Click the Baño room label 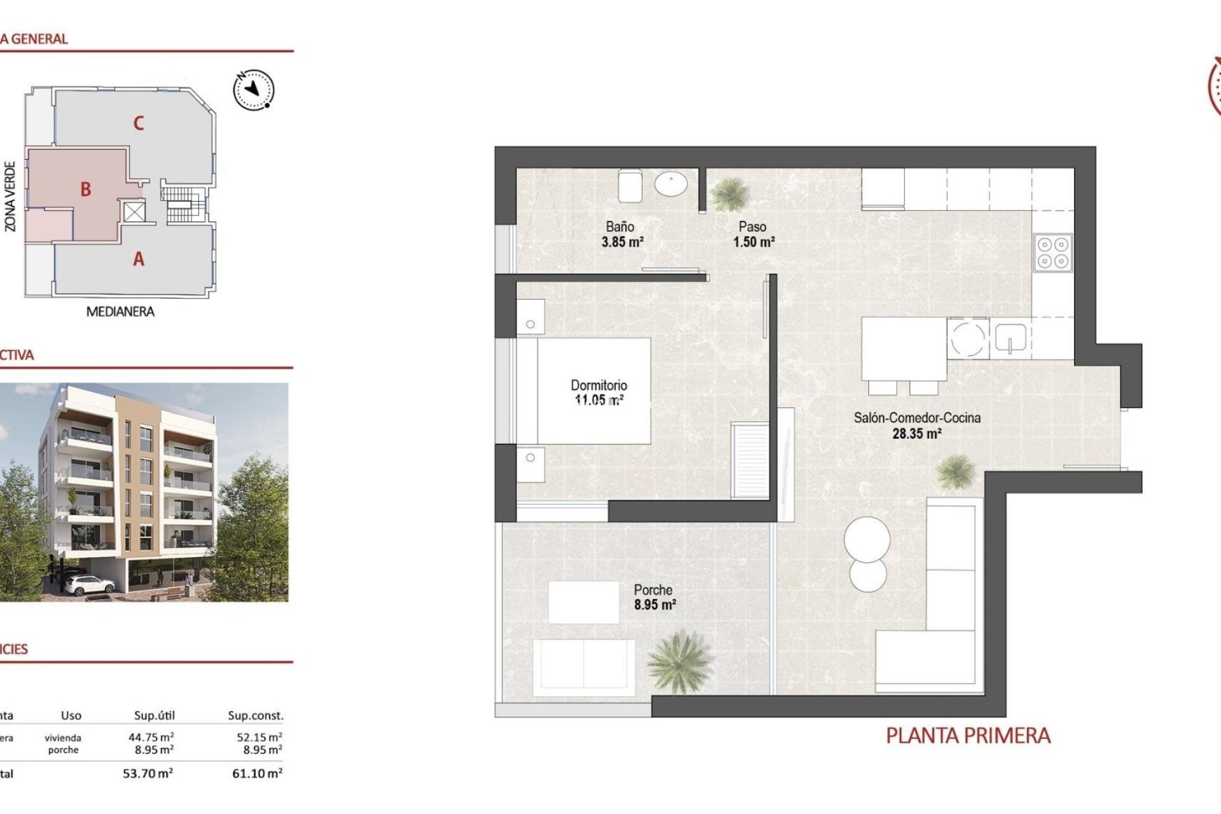(619, 226)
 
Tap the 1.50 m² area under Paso (754, 242)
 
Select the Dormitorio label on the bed (598, 385)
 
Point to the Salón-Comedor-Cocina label (916, 418)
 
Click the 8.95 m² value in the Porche (654, 605)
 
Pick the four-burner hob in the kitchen (1052, 252)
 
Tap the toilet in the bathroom (630, 186)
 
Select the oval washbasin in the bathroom (671, 184)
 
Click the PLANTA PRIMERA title (968, 736)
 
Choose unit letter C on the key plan (139, 123)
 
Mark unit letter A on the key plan (139, 259)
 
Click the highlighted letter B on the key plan (86, 190)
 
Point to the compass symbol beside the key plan (254, 89)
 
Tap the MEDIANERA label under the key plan (120, 312)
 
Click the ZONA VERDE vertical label (10, 196)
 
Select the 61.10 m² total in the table (257, 774)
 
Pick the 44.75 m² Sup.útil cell (151, 738)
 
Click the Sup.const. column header (256, 716)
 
